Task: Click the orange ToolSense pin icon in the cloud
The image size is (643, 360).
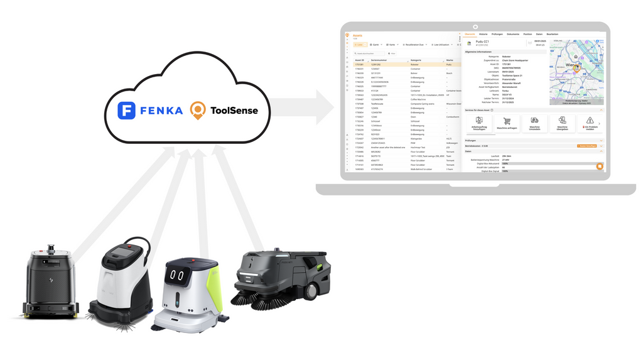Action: [198, 111]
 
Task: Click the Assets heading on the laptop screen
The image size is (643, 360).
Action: [357, 36]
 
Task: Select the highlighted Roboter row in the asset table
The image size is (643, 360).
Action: [402, 64]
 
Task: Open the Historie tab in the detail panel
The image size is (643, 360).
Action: [484, 34]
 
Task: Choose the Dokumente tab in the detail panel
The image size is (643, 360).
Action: [513, 34]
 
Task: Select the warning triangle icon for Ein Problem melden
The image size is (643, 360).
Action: [590, 120]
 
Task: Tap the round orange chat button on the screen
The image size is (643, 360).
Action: [600, 166]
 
